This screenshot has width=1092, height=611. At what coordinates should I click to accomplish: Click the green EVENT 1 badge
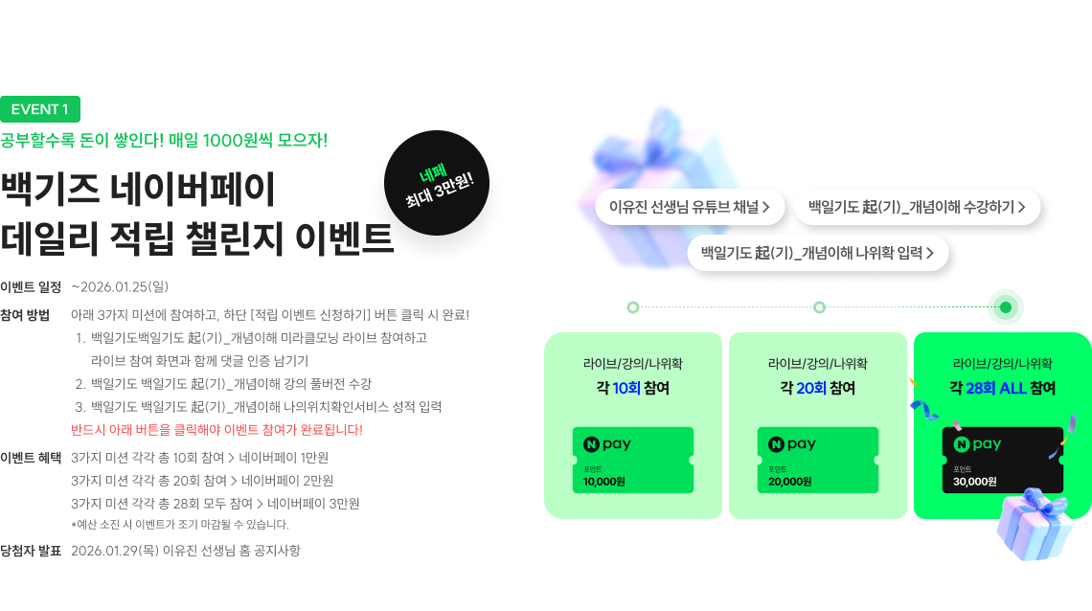pyautogui.click(x=40, y=109)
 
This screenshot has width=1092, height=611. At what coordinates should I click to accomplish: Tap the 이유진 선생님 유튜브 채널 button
pyautogui.click(x=690, y=206)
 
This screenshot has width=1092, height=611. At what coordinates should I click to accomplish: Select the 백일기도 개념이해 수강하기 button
pyautogui.click(x=917, y=206)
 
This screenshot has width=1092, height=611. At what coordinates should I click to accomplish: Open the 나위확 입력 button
pyautogui.click(x=817, y=253)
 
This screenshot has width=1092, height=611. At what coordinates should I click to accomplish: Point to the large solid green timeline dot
pyautogui.click(x=1005, y=307)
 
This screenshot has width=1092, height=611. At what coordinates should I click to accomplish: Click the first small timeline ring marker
pyautogui.click(x=632, y=307)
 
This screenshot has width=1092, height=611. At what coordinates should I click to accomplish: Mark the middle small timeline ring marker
pyautogui.click(x=819, y=307)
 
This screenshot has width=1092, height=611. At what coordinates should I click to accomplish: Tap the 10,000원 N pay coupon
pyautogui.click(x=632, y=460)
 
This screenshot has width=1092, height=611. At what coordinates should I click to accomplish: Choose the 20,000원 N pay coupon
pyautogui.click(x=817, y=460)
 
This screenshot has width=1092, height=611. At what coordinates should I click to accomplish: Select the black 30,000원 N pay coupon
pyautogui.click(x=1002, y=460)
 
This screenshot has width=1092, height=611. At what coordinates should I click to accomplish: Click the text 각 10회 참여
pyautogui.click(x=632, y=388)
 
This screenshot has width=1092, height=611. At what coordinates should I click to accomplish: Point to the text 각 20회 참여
pyautogui.click(x=817, y=388)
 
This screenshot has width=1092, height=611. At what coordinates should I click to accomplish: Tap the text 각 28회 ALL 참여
pyautogui.click(x=1002, y=388)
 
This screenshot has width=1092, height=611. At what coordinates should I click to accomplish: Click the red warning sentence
pyautogui.click(x=216, y=430)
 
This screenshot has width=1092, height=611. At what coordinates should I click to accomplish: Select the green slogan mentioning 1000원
pyautogui.click(x=164, y=140)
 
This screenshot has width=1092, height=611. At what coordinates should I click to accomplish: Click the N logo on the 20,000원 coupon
pyautogui.click(x=777, y=444)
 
